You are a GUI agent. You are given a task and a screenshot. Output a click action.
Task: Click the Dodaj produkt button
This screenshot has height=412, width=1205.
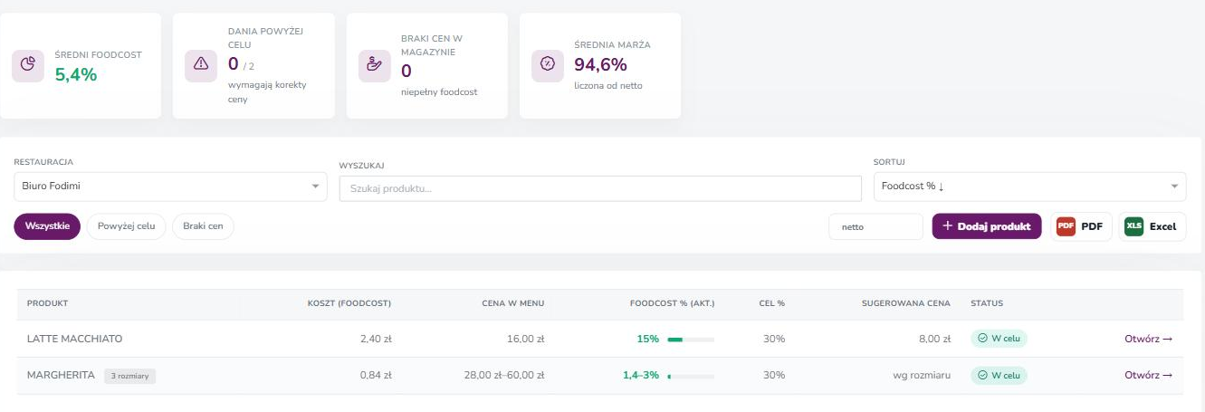pyautogui.click(x=987, y=226)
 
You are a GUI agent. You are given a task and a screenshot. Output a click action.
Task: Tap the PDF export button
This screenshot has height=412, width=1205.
pyautogui.click(x=1081, y=226)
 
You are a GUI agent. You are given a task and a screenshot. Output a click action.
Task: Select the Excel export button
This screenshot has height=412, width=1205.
pyautogui.click(x=1152, y=226)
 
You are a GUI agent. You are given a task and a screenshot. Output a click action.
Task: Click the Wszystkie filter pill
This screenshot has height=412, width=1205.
pyautogui.click(x=47, y=226)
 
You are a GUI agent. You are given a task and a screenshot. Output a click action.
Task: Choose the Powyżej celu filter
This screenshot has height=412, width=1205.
pyautogui.click(x=127, y=226)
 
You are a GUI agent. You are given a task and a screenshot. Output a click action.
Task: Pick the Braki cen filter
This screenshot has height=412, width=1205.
pyautogui.click(x=203, y=226)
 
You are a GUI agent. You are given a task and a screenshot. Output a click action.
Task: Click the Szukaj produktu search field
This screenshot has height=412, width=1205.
pyautogui.click(x=600, y=188)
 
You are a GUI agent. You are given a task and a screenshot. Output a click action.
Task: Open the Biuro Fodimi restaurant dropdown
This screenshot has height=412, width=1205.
pyautogui.click(x=170, y=187)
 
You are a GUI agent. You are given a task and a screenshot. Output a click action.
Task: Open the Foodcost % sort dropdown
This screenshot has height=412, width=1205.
pyautogui.click(x=1029, y=187)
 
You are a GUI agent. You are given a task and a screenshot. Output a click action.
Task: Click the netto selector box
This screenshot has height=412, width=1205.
pyautogui.click(x=875, y=227)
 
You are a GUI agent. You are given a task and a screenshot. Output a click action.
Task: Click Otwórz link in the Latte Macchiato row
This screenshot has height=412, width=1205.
pyautogui.click(x=1148, y=339)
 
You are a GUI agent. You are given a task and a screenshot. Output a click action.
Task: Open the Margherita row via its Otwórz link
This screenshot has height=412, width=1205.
pyautogui.click(x=1148, y=376)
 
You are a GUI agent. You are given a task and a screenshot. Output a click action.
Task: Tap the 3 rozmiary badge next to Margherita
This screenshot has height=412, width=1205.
pyautogui.click(x=129, y=376)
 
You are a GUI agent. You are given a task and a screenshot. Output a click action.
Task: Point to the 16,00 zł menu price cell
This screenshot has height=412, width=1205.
pyautogui.click(x=525, y=339)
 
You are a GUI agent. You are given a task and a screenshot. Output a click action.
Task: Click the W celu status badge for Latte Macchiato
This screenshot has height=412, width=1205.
pyautogui.click(x=999, y=339)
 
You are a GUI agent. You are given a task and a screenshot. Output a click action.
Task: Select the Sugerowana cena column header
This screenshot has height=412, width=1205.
pyautogui.click(x=906, y=303)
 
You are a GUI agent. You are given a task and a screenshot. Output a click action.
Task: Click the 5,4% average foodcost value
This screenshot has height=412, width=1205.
pyautogui.click(x=76, y=75)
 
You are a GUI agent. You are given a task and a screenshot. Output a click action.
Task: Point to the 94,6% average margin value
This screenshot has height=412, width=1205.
pyautogui.click(x=600, y=64)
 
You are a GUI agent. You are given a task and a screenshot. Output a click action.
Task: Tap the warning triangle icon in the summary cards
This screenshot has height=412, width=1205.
pyautogui.click(x=201, y=64)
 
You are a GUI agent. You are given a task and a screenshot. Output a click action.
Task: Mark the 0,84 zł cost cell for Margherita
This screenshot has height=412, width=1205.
pyautogui.click(x=376, y=376)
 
